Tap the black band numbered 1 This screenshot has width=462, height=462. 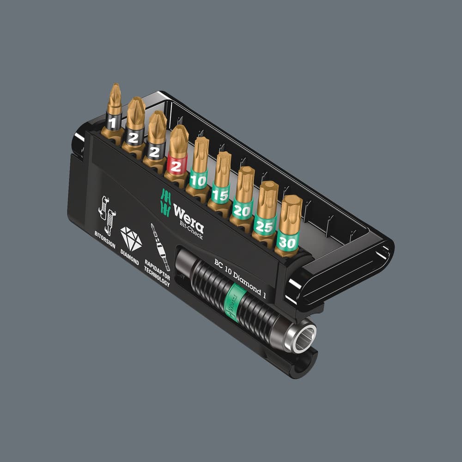[113, 122]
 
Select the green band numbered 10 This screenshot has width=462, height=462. [199, 179]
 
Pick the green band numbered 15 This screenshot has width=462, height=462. [220, 194]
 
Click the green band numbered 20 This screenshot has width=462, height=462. [242, 209]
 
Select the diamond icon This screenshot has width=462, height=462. [131, 238]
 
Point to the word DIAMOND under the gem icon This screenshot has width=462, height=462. [129, 258]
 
